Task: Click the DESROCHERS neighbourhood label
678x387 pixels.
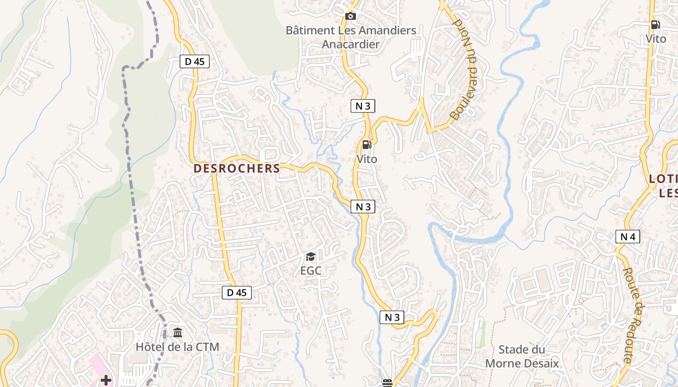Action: [x=237, y=168]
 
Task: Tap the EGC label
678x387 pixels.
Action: [x=311, y=270]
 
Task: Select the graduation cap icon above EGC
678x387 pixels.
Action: [x=310, y=256]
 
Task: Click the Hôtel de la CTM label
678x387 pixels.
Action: [x=177, y=347]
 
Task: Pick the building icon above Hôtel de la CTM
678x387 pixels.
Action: [x=178, y=333]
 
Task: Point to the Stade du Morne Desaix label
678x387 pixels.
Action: [x=522, y=357]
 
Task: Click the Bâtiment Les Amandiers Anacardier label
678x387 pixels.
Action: [x=351, y=37]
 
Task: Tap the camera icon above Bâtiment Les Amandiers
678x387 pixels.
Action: [x=351, y=16]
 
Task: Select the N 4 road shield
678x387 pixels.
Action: [x=628, y=237]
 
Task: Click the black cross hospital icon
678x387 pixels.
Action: [x=106, y=380]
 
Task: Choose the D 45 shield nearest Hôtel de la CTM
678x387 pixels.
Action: [x=237, y=292]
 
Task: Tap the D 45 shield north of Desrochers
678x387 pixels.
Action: [x=195, y=61]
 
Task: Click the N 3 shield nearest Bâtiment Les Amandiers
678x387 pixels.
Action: [x=363, y=106]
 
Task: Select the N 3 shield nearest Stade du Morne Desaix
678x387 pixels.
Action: [x=392, y=317]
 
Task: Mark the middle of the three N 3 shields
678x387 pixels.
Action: [x=363, y=207]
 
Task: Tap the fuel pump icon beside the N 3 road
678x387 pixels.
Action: [x=367, y=145]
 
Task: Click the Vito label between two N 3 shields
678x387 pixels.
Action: [x=367, y=159]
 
